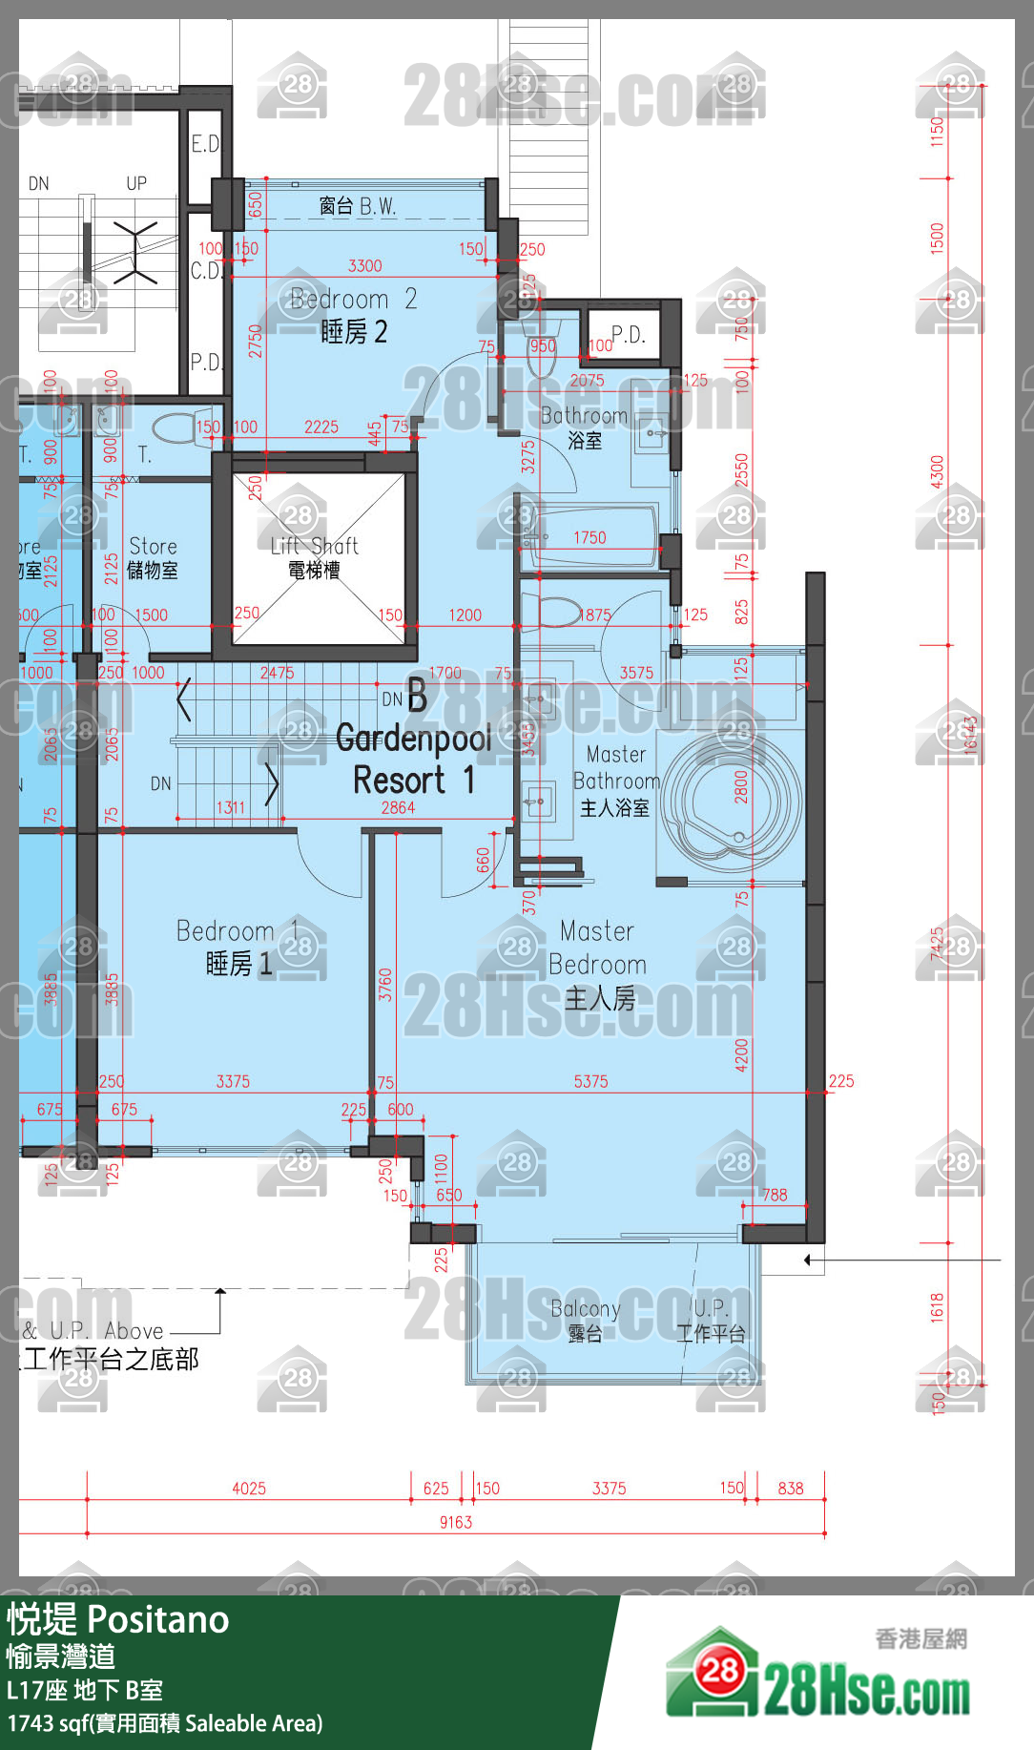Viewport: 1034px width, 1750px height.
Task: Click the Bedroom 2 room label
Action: (x=353, y=316)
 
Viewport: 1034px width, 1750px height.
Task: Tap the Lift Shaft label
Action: (x=314, y=557)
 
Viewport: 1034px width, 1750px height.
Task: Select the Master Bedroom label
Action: (x=598, y=965)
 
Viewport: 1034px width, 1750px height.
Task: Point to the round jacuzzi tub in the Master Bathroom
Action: (x=734, y=802)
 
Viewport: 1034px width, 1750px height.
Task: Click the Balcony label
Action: (x=586, y=1320)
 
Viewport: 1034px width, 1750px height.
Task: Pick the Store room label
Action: (x=153, y=557)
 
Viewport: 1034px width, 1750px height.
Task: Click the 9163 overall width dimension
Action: (x=456, y=1522)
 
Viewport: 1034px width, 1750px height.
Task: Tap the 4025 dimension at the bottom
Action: (x=249, y=1488)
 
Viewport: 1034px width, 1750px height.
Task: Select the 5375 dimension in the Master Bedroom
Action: (x=590, y=1081)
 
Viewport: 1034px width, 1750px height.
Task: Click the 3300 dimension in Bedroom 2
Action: (x=364, y=266)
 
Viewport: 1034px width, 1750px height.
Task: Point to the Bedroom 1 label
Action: (x=238, y=947)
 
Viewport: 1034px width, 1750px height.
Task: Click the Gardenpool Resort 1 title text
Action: (x=413, y=759)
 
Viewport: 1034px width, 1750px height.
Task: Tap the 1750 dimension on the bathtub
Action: (x=589, y=538)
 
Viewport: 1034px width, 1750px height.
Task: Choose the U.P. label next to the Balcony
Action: (x=711, y=1320)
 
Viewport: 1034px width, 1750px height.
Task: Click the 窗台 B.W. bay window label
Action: (x=357, y=206)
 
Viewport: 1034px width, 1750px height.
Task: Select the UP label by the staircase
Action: (x=136, y=183)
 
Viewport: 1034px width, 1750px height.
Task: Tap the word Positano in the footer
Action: (x=159, y=1620)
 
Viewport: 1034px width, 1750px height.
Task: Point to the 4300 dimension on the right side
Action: (x=937, y=471)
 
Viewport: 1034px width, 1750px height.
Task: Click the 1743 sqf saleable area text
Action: (x=165, y=1723)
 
